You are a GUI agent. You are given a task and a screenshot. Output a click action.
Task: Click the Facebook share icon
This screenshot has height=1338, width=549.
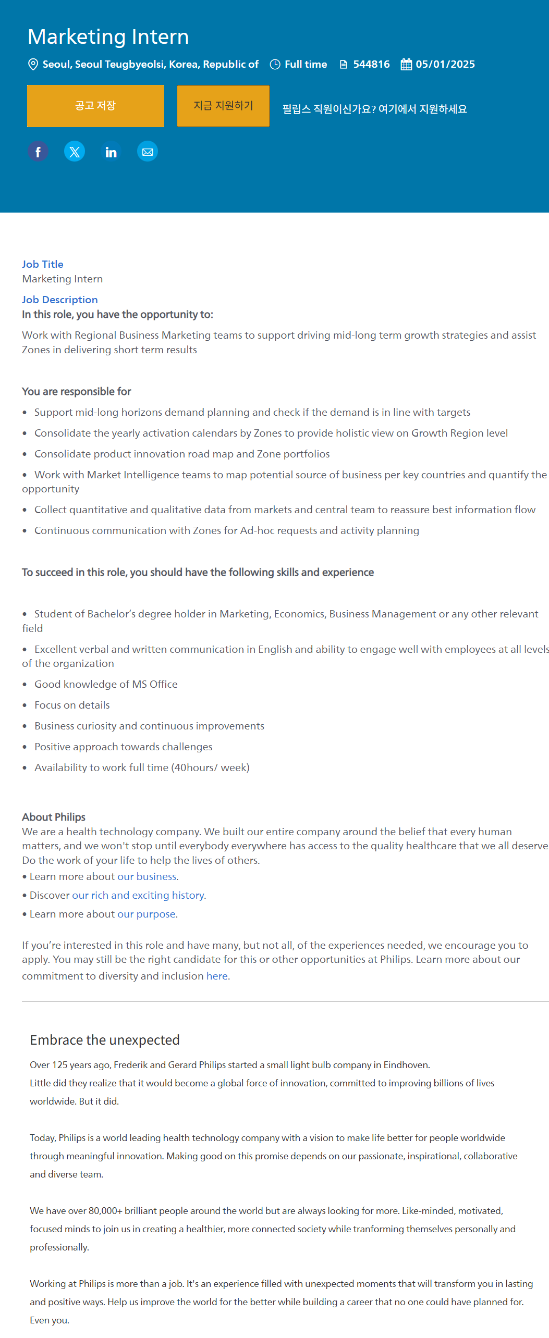(38, 152)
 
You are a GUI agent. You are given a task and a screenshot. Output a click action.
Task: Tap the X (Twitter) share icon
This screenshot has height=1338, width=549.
(75, 152)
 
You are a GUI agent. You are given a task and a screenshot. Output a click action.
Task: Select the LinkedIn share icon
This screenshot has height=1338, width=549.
(111, 152)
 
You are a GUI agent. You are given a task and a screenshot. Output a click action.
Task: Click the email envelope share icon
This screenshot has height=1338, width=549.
(148, 152)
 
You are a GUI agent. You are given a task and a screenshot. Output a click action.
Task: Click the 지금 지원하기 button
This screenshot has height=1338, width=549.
(223, 106)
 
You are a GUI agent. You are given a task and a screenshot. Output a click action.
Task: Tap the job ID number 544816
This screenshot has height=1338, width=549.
(371, 64)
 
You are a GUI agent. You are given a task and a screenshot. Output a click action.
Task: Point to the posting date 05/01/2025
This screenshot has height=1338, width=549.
(445, 64)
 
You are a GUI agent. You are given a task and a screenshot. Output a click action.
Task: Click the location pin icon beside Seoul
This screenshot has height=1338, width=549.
(33, 64)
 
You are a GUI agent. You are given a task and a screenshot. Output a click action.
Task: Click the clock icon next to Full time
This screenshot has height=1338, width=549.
(275, 64)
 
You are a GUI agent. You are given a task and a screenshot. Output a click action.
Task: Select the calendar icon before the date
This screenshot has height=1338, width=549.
(406, 64)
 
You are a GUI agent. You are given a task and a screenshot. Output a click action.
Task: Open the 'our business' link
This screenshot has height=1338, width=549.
(147, 876)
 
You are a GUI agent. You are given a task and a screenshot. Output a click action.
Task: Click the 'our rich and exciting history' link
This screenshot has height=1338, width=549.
(138, 895)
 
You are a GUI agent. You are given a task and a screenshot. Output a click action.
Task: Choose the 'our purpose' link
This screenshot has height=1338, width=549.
(146, 914)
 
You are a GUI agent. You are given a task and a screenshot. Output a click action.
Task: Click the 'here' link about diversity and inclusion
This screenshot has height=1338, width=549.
(217, 976)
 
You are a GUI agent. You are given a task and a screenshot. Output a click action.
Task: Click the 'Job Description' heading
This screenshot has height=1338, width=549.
(60, 300)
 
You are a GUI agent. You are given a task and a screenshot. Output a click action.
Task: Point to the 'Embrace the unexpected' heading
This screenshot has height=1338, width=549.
(105, 1040)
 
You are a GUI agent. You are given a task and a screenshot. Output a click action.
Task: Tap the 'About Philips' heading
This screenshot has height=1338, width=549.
(54, 817)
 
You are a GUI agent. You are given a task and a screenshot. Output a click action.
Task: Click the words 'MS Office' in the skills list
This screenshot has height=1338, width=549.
(155, 684)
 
